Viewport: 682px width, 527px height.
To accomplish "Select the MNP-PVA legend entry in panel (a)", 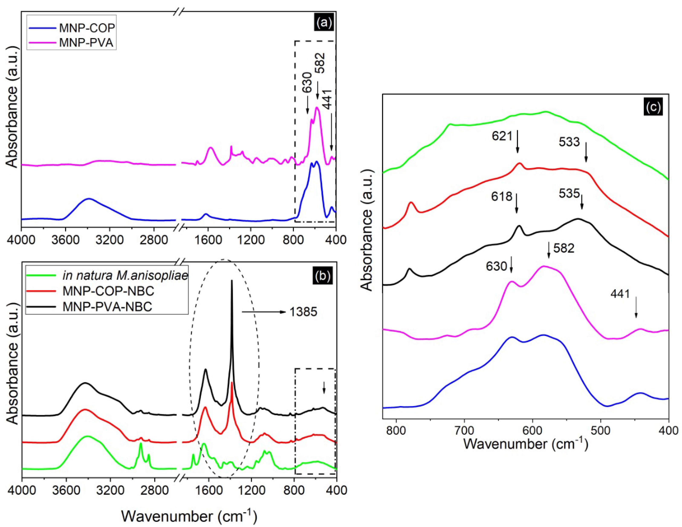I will [x=86, y=42].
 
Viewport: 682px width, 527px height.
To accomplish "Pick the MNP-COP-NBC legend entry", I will [x=108, y=291].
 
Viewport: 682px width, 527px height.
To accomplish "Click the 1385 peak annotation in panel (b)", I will [x=303, y=312].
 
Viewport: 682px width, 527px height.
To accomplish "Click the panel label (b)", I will [x=323, y=276].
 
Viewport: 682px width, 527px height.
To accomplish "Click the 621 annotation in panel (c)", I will [x=502, y=136].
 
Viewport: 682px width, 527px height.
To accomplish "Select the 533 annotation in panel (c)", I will [x=569, y=142].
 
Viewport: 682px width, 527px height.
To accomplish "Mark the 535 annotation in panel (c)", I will [x=569, y=193].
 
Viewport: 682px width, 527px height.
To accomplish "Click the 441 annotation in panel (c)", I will [x=620, y=294].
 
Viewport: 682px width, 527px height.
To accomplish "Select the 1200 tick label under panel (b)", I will [x=251, y=490].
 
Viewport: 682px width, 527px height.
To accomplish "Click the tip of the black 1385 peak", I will [x=232, y=281].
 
